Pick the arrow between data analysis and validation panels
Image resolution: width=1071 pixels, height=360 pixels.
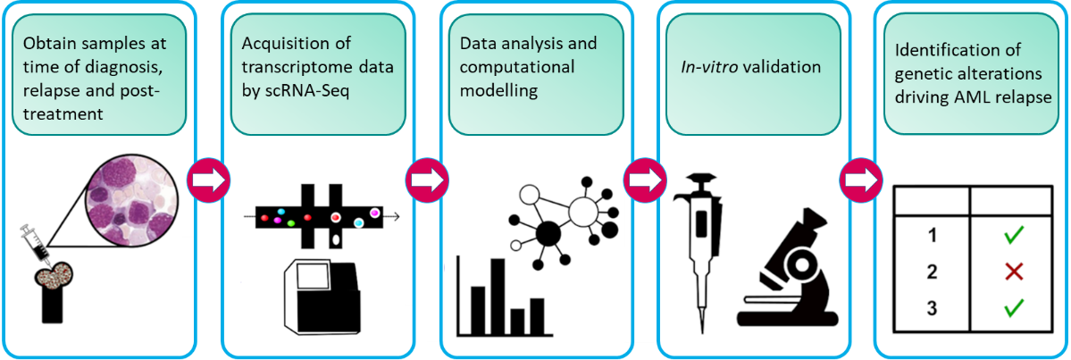[x=644, y=180]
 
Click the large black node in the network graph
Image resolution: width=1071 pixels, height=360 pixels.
[x=547, y=235]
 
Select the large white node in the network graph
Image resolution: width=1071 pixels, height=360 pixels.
[x=584, y=211]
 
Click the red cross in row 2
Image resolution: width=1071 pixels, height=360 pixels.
[x=1013, y=272]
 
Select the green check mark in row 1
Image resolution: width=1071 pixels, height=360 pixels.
[x=1013, y=236]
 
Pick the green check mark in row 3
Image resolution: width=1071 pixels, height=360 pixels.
[x=1013, y=308]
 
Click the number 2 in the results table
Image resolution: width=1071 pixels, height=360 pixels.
[x=933, y=272]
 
